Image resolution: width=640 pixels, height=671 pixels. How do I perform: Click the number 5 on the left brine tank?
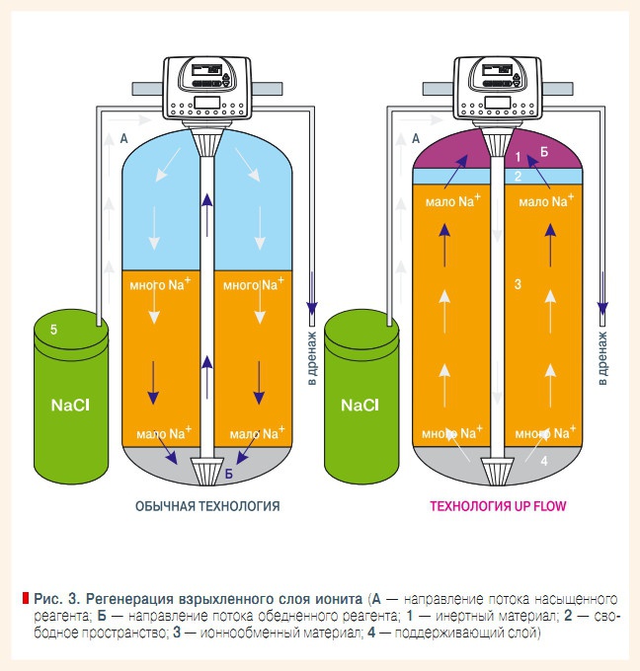pos(53,330)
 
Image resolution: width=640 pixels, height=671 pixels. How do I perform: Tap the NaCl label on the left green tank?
pos(70,406)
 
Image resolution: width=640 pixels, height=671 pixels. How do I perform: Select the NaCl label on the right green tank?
pos(360,406)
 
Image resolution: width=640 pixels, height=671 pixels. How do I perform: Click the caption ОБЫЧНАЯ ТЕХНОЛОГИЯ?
pos(207,506)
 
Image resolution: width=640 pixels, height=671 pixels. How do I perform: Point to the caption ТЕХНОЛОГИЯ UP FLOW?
pos(498,506)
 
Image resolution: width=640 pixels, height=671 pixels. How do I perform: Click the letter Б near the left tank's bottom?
pos(229,474)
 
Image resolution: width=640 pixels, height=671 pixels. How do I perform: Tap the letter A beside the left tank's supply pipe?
pos(123,139)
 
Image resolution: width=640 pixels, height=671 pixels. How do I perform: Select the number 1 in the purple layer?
pos(518,157)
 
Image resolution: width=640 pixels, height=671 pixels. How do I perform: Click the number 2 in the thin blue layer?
pos(518,176)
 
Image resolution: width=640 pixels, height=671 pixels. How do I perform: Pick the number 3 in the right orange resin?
pos(518,284)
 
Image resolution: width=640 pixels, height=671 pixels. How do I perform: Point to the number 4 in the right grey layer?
pos(544,461)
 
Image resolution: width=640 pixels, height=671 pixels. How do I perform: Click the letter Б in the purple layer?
pos(544,152)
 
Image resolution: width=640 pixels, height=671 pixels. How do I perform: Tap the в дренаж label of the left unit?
pos(312,358)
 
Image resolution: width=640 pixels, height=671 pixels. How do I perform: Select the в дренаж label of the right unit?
pos(602,358)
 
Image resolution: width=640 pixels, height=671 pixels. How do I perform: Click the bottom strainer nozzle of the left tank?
pos(207,471)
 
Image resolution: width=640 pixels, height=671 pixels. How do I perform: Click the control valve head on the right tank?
pos(498,88)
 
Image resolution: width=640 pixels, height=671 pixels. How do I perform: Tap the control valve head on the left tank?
pos(207,88)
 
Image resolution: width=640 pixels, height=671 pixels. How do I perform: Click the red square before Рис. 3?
pos(26,598)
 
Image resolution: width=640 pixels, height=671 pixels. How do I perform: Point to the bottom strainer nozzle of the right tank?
pos(497,471)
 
